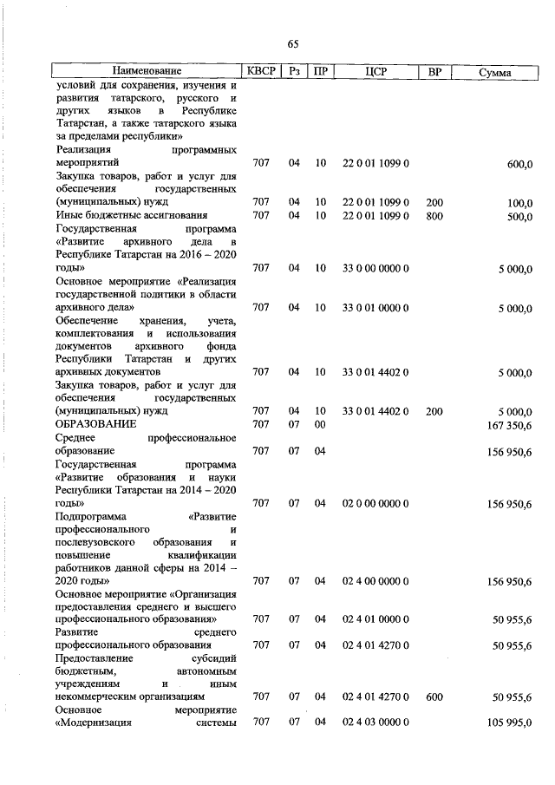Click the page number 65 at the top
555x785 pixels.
[x=292, y=45]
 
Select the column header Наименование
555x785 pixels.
[x=147, y=72]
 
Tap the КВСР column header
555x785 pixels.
[x=261, y=72]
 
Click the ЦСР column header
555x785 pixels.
[x=375, y=72]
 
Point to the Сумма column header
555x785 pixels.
[x=495, y=72]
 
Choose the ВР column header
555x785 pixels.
[x=434, y=72]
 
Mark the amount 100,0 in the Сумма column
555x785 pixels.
[x=519, y=203]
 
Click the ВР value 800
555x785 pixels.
[x=434, y=216]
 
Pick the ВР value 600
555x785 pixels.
[x=434, y=697]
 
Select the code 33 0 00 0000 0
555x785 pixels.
[x=375, y=269]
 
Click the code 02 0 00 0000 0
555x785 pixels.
[x=375, y=503]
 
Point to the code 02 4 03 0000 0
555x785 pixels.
[x=375, y=723]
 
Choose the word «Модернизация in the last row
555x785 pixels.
[x=94, y=723]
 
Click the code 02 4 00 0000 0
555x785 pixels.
[x=375, y=581]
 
